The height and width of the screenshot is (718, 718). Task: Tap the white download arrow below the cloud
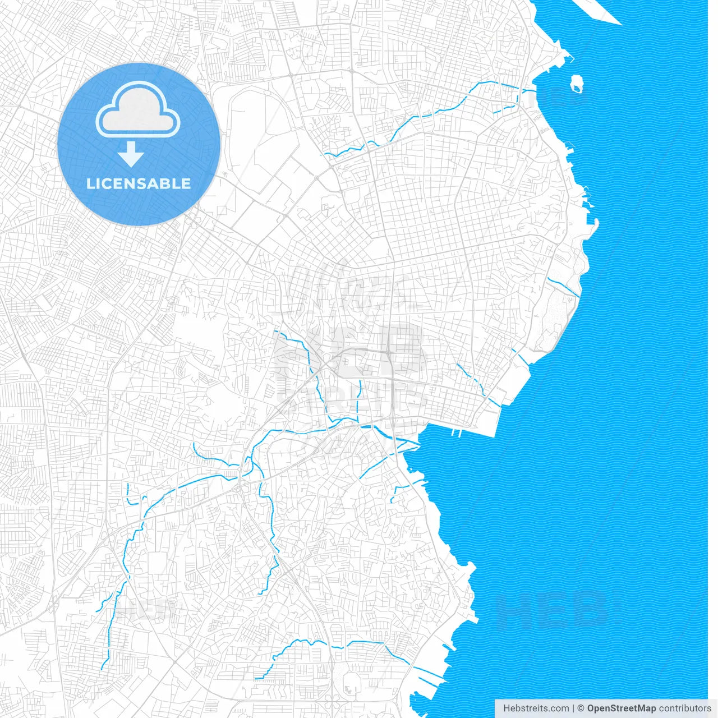click(131, 154)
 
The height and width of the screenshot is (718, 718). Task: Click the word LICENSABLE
click(139, 183)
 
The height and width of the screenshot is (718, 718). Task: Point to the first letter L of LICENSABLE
click(90, 183)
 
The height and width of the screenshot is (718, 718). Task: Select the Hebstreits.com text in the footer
click(536, 708)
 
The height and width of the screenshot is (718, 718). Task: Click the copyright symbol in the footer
click(581, 708)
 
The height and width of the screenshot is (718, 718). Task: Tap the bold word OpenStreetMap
click(621, 708)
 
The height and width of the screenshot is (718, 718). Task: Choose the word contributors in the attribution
click(685, 708)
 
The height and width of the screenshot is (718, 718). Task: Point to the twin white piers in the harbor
click(456, 432)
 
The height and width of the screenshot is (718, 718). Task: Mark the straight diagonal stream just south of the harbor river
click(374, 466)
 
